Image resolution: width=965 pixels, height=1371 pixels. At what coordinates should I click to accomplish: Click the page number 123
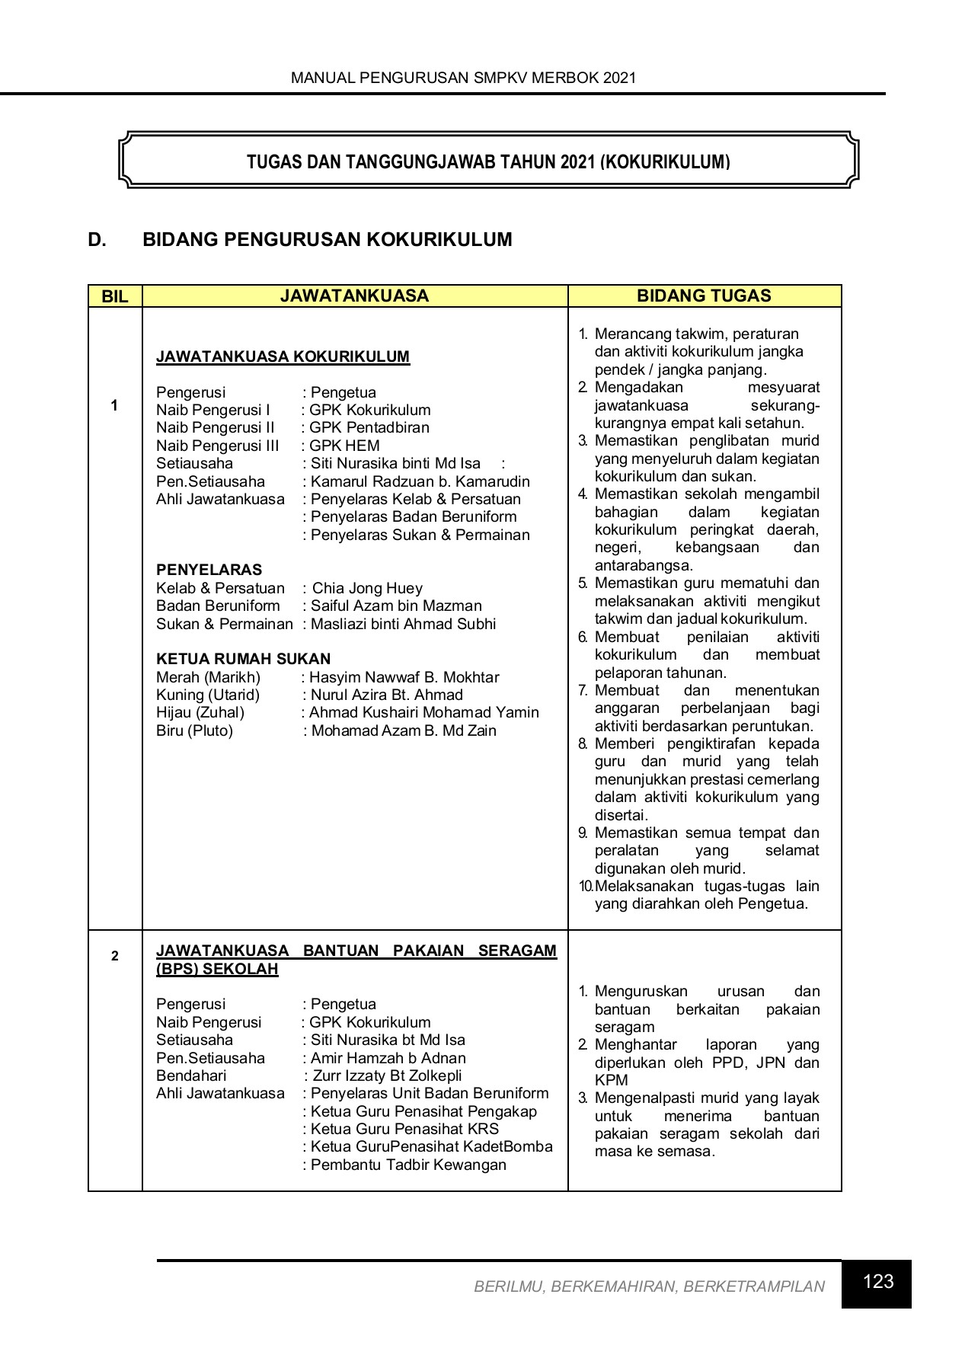pyautogui.click(x=877, y=1282)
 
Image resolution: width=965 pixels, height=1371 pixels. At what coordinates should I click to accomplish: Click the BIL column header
pyautogui.click(x=115, y=296)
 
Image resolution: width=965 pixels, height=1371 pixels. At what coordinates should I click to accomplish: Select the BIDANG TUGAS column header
pyautogui.click(x=704, y=296)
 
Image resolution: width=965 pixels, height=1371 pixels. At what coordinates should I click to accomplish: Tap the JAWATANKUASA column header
pyautogui.click(x=354, y=296)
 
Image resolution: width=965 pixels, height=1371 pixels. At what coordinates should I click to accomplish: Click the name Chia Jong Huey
pyautogui.click(x=367, y=588)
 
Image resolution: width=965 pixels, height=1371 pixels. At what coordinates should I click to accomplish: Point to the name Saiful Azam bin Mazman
pyautogui.click(x=396, y=606)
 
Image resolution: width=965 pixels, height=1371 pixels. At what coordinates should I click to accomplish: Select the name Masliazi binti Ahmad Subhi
pyautogui.click(x=403, y=624)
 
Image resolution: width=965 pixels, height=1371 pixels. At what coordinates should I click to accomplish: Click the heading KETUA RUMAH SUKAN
pyautogui.click(x=243, y=659)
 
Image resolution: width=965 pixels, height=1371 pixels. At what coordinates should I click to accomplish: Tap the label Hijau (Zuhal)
pyautogui.click(x=200, y=712)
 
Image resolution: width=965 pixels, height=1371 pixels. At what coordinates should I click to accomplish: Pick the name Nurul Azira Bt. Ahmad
pyautogui.click(x=386, y=695)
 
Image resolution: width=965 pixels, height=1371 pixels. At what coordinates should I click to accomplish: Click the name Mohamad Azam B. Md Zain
pyautogui.click(x=404, y=730)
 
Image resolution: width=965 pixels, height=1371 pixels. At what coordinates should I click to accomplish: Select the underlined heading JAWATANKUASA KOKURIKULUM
pyautogui.click(x=283, y=356)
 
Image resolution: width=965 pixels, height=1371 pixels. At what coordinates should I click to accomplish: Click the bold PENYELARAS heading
pyautogui.click(x=209, y=570)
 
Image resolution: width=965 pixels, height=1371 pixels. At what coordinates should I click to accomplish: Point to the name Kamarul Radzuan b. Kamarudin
pyautogui.click(x=420, y=481)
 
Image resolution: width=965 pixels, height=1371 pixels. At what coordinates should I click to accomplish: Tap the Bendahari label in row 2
pyautogui.click(x=191, y=1075)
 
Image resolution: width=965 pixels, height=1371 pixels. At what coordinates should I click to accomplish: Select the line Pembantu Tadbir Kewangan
pyautogui.click(x=408, y=1165)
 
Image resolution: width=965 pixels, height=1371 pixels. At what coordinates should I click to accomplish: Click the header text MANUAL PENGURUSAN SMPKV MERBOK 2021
pyautogui.click(x=463, y=78)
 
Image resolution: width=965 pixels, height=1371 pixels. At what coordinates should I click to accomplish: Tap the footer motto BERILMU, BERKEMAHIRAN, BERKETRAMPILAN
pyautogui.click(x=649, y=1286)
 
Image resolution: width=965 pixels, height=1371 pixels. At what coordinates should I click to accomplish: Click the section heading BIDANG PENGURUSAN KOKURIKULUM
pyautogui.click(x=328, y=240)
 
